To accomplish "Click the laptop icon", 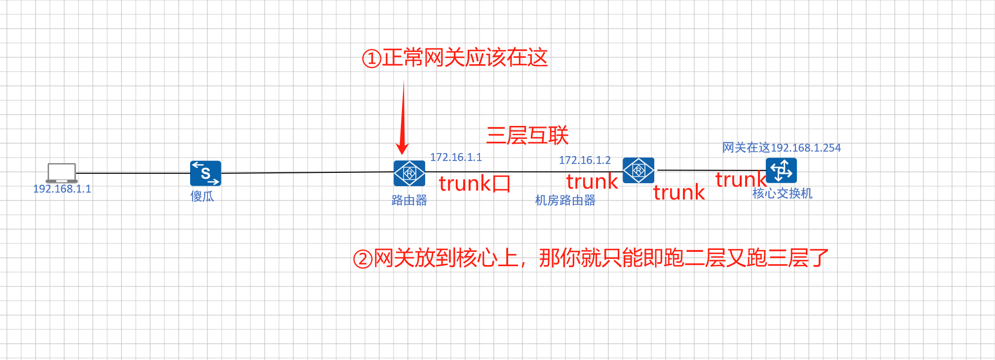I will pyautogui.click(x=62, y=173).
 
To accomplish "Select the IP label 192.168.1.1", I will pyautogui.click(x=62, y=189).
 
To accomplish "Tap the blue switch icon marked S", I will pyautogui.click(x=205, y=173).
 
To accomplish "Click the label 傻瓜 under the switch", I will pyautogui.click(x=202, y=197).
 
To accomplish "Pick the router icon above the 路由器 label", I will pyautogui.click(x=409, y=173).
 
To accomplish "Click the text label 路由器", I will pyautogui.click(x=409, y=200).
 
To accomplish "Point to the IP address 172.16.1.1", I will pyautogui.click(x=456, y=158).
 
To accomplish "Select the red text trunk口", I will pyautogui.click(x=475, y=184).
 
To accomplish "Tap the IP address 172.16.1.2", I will pyautogui.click(x=585, y=160).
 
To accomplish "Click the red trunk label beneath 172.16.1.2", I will pyautogui.click(x=592, y=182).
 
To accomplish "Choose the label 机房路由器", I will pyautogui.click(x=565, y=200).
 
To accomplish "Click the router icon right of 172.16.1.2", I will pyautogui.click(x=638, y=170).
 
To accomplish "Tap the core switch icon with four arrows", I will pyautogui.click(x=781, y=170).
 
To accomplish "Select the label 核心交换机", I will pyautogui.click(x=782, y=194).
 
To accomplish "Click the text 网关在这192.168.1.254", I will pyautogui.click(x=781, y=148).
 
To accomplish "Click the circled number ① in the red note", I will pyautogui.click(x=371, y=59).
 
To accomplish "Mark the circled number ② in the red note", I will pyautogui.click(x=362, y=259).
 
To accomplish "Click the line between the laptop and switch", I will pyautogui.click(x=133, y=173).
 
